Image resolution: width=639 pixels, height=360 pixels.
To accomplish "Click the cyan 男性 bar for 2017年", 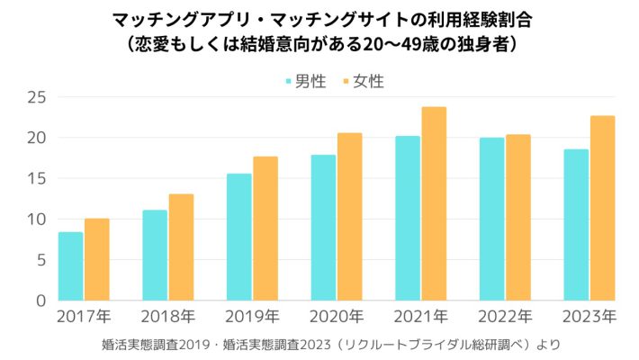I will click(x=70, y=266).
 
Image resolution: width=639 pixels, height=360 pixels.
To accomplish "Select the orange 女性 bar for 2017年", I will click(x=96, y=259).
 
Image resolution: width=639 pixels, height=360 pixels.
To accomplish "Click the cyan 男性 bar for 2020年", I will click(x=323, y=228).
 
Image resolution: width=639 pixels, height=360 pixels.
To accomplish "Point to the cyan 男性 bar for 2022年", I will click(x=491, y=219).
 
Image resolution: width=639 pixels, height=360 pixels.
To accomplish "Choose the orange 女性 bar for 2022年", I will click(x=518, y=218).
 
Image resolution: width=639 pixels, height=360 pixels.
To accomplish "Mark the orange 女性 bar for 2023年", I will click(x=602, y=208).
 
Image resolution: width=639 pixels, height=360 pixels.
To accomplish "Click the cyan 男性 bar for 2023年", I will click(x=576, y=225).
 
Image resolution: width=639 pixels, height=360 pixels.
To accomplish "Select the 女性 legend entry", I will click(x=362, y=82).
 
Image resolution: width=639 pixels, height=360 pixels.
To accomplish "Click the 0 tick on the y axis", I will click(x=40, y=301).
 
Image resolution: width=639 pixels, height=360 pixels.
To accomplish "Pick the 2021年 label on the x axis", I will click(x=420, y=317).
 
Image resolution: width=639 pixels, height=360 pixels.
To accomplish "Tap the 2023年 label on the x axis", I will click(x=589, y=317).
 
